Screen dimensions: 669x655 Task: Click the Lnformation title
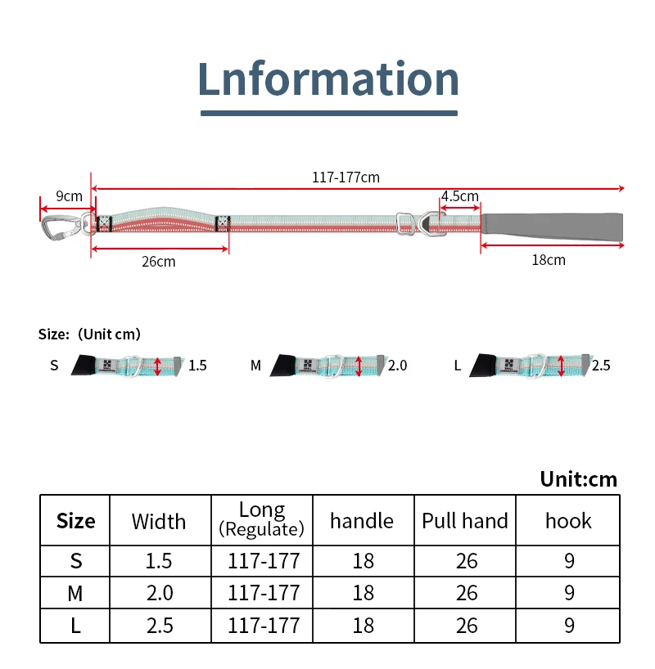tap(328, 79)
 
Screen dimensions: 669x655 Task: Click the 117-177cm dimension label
tap(346, 177)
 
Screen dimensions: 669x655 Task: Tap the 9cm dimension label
tap(69, 196)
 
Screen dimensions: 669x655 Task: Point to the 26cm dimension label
tap(159, 262)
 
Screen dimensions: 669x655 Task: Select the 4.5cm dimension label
tap(459, 196)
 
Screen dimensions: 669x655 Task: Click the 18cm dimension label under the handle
tap(549, 260)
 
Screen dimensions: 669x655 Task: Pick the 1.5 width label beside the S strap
tap(197, 366)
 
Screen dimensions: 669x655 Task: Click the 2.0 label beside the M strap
tap(397, 366)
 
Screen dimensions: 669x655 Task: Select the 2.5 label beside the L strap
tap(601, 366)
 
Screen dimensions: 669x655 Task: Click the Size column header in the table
tap(76, 521)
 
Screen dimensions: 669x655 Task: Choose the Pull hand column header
tap(465, 521)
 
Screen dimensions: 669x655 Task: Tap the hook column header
tap(568, 521)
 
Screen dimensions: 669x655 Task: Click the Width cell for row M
tap(159, 593)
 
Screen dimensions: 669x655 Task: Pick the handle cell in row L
tap(363, 626)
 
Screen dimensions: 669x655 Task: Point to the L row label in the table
tap(76, 626)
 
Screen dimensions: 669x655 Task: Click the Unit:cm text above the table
tap(579, 478)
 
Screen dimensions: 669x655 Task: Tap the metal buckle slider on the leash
tap(403, 223)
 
